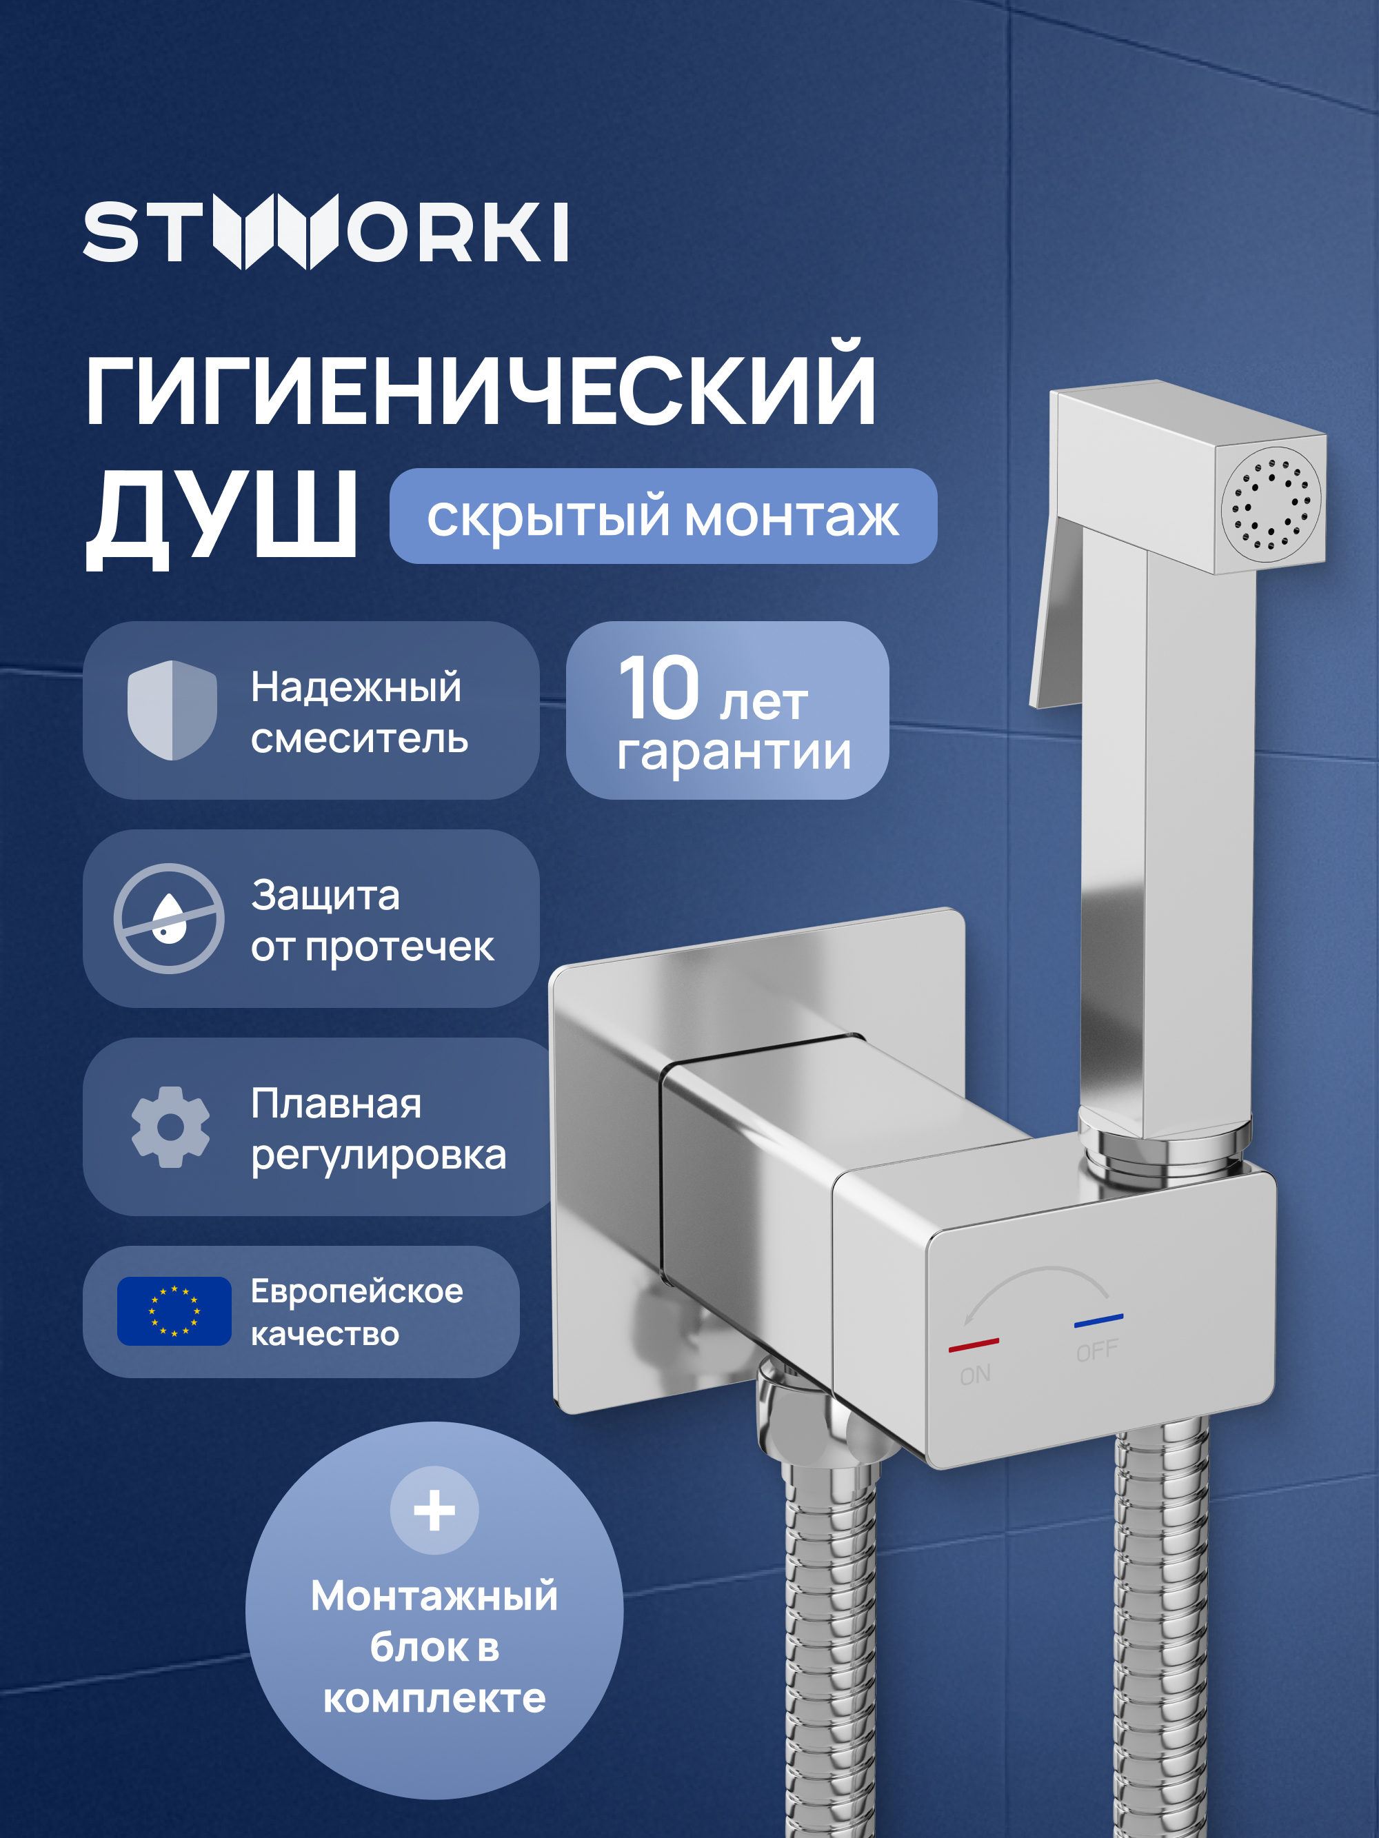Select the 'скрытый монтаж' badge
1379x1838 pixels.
click(x=663, y=516)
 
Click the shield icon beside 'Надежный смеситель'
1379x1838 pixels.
click(x=172, y=709)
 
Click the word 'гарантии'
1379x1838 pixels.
click(x=734, y=752)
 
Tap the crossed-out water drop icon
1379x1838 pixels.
click(x=169, y=918)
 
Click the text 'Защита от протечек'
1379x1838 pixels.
click(x=372, y=920)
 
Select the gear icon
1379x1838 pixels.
click(x=170, y=1127)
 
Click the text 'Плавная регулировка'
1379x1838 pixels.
click(x=379, y=1129)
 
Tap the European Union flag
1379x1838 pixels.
click(x=174, y=1311)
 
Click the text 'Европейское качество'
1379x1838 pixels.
click(x=356, y=1312)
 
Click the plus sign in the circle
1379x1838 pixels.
click(x=434, y=1510)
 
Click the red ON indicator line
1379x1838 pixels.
click(x=974, y=1344)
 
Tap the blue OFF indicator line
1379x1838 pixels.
click(x=1098, y=1320)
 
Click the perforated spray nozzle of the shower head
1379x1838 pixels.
click(x=1270, y=505)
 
